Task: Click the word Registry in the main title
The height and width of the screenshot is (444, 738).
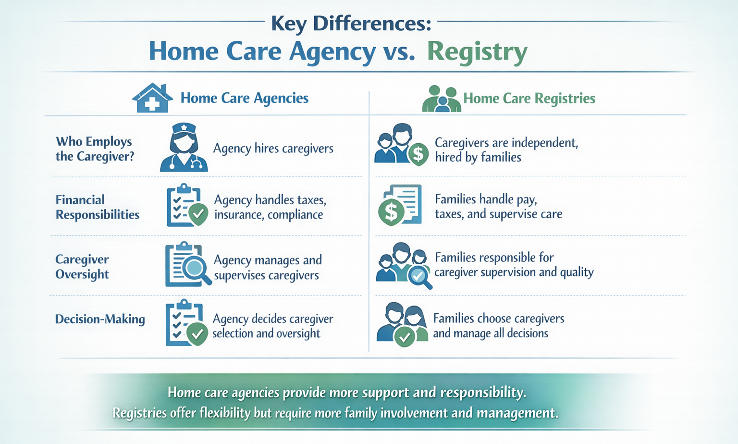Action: point(477,52)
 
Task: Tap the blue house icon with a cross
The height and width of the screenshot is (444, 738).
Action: point(152,99)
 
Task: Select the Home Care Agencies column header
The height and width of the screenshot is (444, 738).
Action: point(244,98)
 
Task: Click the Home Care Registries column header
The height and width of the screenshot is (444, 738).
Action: point(529,99)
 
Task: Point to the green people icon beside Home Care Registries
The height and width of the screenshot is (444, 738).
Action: point(441,99)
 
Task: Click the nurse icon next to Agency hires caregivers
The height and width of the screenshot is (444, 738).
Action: point(184,148)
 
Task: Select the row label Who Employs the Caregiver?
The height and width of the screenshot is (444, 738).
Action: point(94,149)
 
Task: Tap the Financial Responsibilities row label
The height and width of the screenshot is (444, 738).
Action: point(97,207)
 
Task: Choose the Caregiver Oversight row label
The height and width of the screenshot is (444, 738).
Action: point(82,267)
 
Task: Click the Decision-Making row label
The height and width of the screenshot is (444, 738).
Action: point(100,319)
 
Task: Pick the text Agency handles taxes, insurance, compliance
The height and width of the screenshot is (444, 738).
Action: point(270,207)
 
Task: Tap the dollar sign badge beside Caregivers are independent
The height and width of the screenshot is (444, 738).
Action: point(418,154)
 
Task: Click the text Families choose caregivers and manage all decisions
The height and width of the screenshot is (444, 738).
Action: point(498,326)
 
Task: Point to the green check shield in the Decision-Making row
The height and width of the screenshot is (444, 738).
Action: point(197,333)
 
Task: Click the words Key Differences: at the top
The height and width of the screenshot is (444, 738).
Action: point(351,23)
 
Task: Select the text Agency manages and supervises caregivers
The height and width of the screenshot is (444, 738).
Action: point(267,268)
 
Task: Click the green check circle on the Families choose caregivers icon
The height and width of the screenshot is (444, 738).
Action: point(405,337)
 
